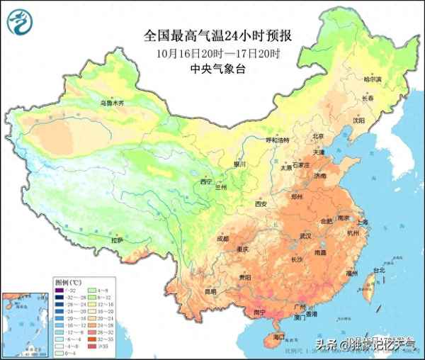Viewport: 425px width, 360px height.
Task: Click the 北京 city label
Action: click(317, 136)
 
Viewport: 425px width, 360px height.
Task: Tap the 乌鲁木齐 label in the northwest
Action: click(110, 103)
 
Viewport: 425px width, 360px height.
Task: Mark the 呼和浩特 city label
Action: click(278, 140)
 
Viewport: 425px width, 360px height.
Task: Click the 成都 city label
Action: click(223, 239)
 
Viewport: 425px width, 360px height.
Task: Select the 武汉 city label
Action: click(305, 235)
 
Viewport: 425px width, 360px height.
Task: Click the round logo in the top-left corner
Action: click(21, 22)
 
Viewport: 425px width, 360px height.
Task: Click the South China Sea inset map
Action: click(25, 319)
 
